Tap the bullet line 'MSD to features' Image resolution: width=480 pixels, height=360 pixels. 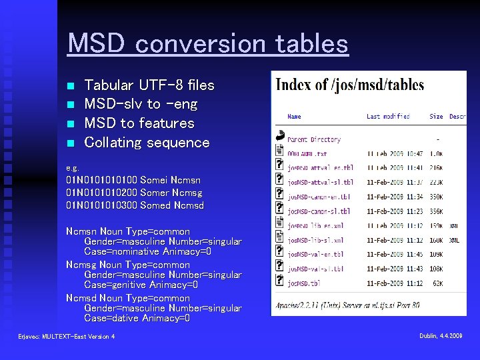[x=139, y=123]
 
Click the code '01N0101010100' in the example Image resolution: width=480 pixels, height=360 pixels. [x=102, y=180]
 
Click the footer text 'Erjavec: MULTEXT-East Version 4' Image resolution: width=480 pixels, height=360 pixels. [x=67, y=337]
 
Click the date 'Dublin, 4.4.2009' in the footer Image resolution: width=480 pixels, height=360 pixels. [x=441, y=336]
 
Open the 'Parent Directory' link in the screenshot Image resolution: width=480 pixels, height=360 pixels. [x=315, y=139]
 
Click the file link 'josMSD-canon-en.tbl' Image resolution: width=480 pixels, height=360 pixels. [x=319, y=197]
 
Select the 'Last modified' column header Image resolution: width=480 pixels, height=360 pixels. [x=388, y=116]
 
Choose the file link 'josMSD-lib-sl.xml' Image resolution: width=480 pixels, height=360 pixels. [x=315, y=240]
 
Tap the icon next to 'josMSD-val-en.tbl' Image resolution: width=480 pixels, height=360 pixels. [x=279, y=254]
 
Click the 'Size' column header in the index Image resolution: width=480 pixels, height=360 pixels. [x=436, y=116]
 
